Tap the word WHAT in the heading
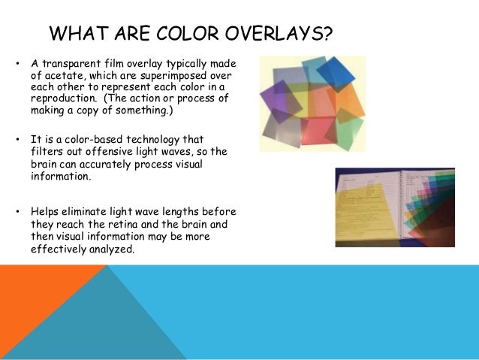point(76,35)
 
